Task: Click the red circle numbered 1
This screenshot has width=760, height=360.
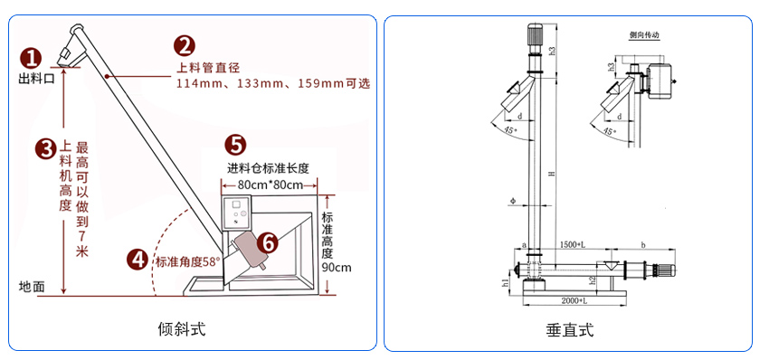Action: pyautogui.click(x=32, y=58)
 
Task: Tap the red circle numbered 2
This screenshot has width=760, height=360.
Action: pyautogui.click(x=184, y=45)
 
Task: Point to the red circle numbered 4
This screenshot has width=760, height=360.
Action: pyautogui.click(x=138, y=260)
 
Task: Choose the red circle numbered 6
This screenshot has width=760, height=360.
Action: pyautogui.click(x=267, y=242)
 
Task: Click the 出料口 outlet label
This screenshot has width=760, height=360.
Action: pyautogui.click(x=37, y=80)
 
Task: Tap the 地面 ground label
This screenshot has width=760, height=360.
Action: pyautogui.click(x=32, y=286)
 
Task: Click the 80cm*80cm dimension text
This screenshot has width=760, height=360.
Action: pyautogui.click(x=268, y=184)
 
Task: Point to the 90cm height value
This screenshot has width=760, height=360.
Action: pyautogui.click(x=336, y=267)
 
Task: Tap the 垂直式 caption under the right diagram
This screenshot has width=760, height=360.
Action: pyautogui.click(x=571, y=330)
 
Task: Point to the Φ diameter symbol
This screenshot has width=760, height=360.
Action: pyautogui.click(x=512, y=198)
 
